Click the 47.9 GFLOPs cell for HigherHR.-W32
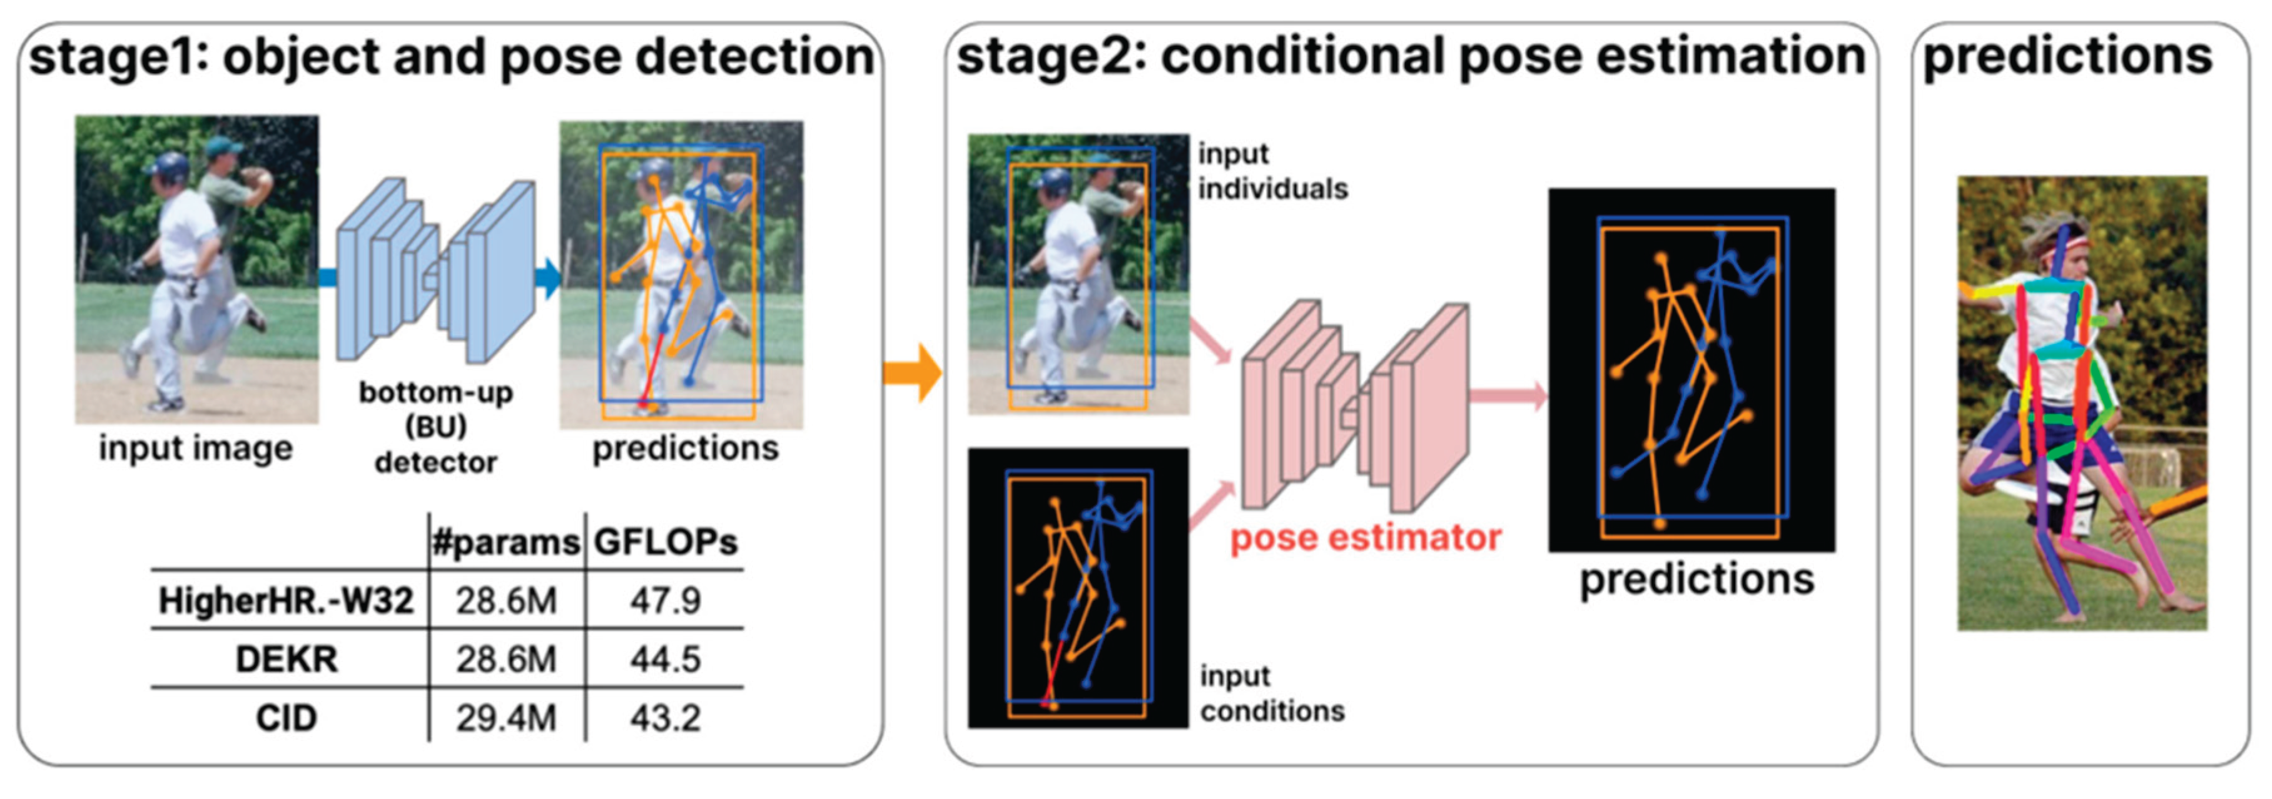(665, 601)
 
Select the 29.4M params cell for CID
(506, 718)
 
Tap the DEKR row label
(286, 659)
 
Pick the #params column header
(506, 541)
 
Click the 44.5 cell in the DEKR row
(665, 659)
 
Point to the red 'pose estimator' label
(1366, 537)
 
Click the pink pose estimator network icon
(1356, 406)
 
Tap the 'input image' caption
(195, 448)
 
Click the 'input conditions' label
(1272, 693)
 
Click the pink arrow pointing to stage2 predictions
(1508, 395)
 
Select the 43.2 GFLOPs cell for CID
(665, 718)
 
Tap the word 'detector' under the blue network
(436, 462)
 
